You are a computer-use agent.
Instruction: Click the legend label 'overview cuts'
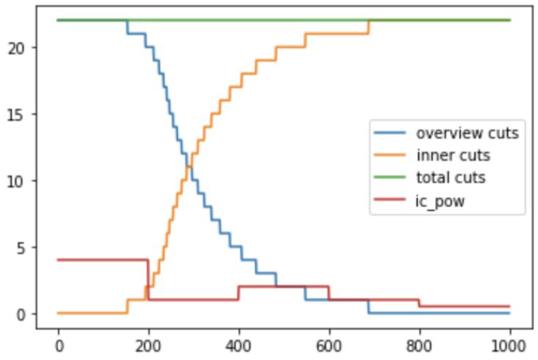467,133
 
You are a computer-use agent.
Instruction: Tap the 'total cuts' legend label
450,177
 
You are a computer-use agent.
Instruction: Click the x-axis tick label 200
148,346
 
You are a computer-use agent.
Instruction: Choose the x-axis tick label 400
239,346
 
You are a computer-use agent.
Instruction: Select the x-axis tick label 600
329,346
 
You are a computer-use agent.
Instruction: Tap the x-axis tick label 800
419,346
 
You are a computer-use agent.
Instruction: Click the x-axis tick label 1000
509,346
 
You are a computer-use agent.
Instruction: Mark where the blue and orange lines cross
189,167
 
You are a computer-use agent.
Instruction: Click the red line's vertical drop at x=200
148,280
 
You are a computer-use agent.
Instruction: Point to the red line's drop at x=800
419,304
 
